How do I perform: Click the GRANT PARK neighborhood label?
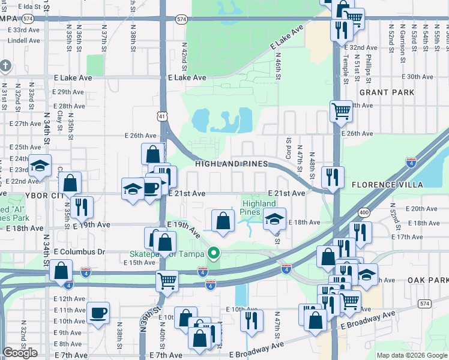click(387, 92)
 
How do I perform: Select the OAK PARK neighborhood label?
click(427, 280)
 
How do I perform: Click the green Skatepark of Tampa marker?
click(211, 252)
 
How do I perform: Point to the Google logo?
click(20, 353)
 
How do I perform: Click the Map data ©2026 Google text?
click(412, 355)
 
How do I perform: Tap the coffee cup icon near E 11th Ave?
click(98, 312)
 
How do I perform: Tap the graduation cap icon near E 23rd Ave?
click(40, 165)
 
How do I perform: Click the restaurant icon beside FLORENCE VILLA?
click(330, 177)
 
